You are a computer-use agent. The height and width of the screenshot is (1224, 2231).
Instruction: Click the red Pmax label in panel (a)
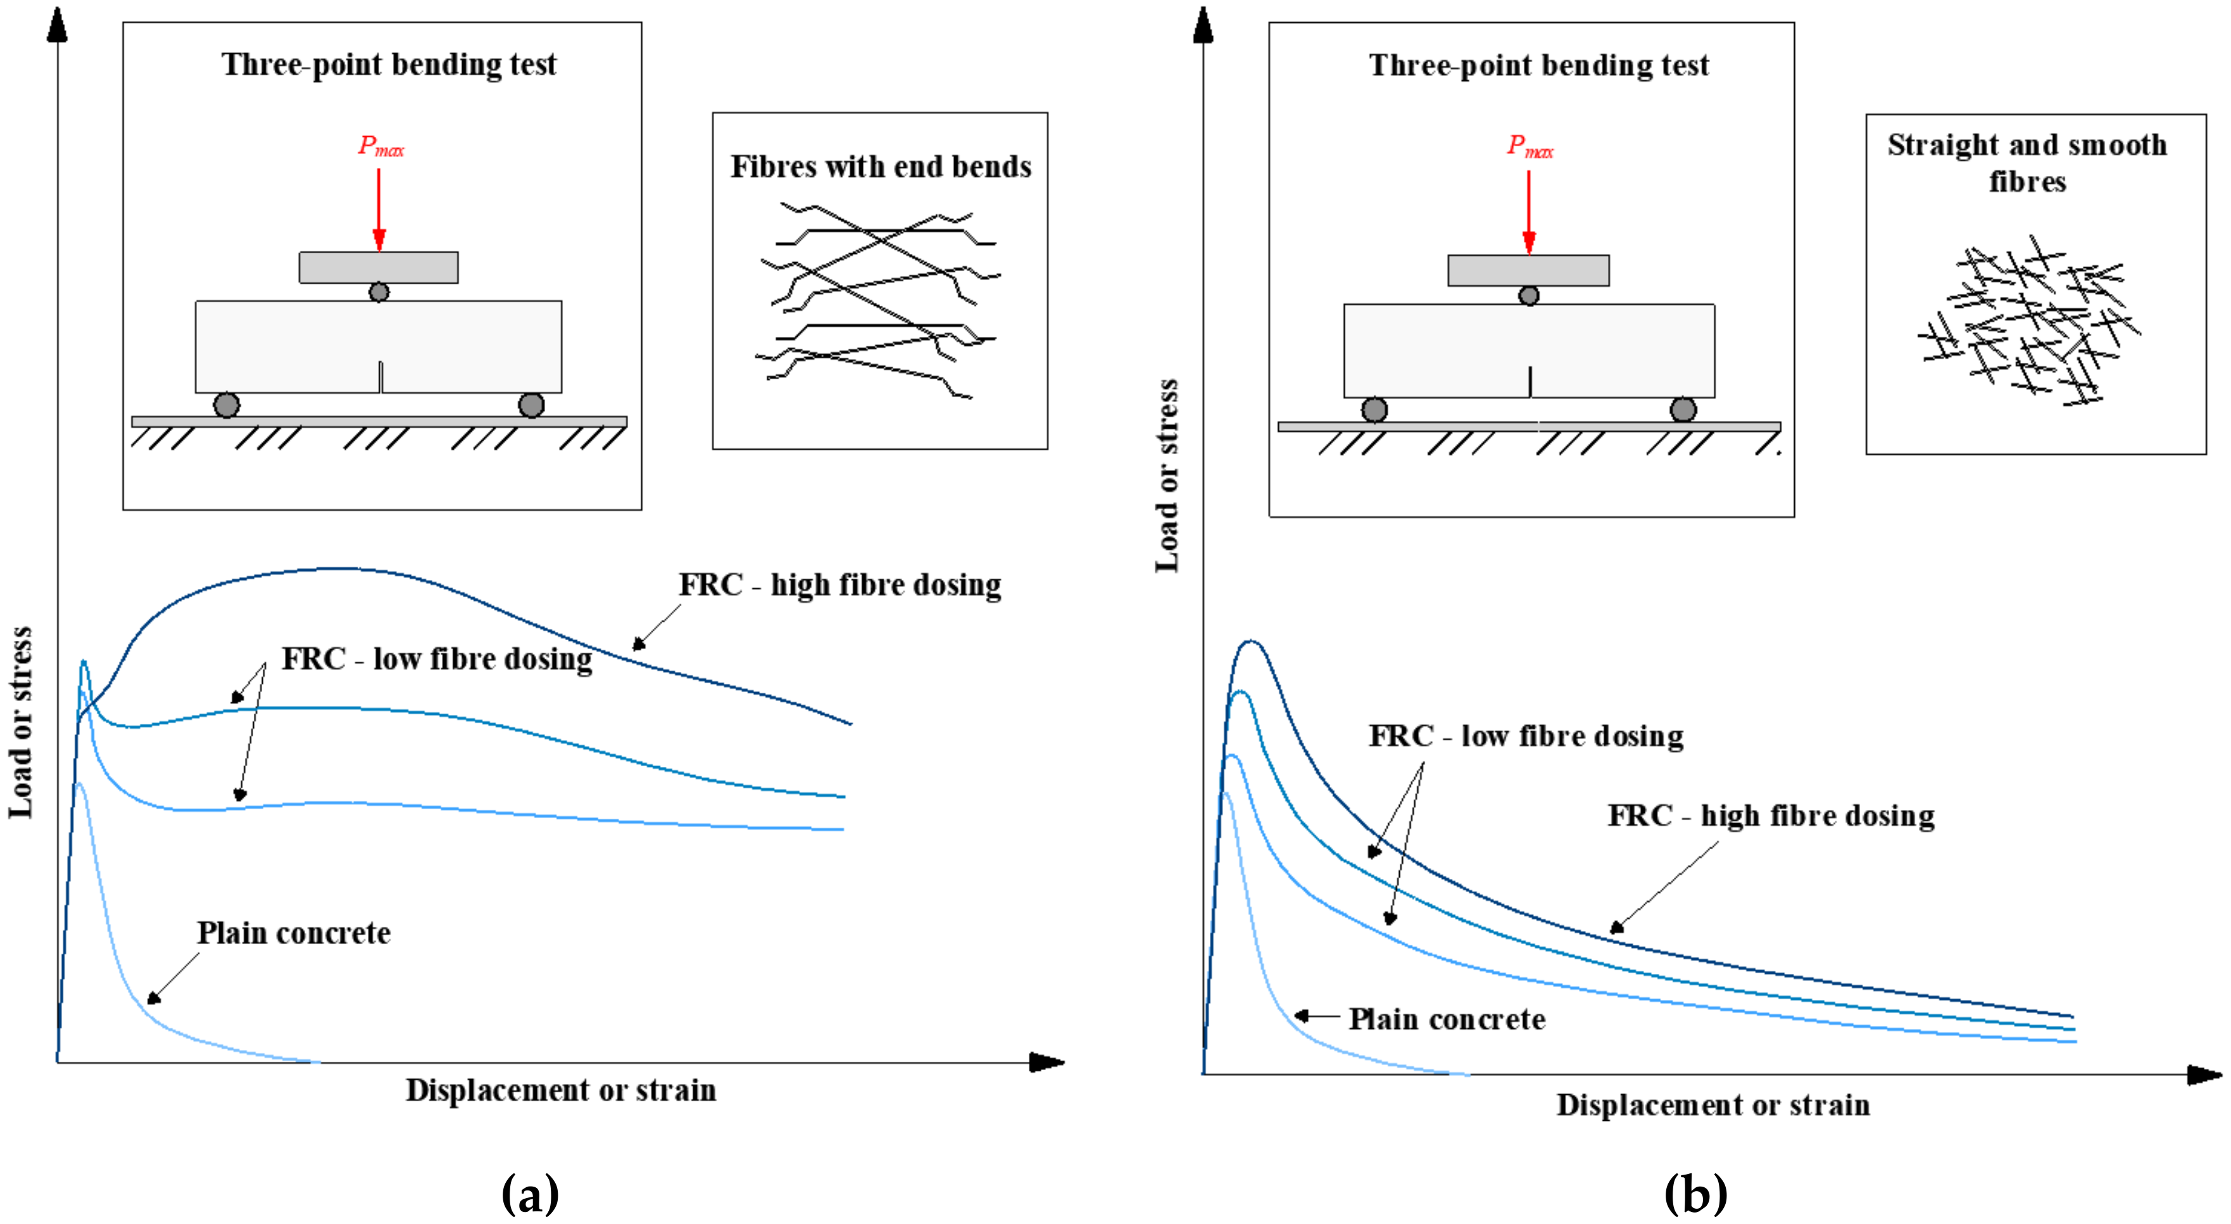click(x=380, y=146)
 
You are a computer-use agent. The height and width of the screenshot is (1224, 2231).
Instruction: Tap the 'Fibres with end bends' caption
click(x=881, y=167)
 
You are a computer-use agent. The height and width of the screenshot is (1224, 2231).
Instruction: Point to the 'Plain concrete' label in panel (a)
click(x=294, y=933)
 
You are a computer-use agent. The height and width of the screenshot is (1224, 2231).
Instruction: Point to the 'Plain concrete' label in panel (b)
click(x=1447, y=1019)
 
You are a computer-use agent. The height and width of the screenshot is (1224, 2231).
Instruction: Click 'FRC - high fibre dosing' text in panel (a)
click(x=839, y=584)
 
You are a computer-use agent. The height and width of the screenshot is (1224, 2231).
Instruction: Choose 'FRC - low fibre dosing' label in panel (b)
click(x=1526, y=735)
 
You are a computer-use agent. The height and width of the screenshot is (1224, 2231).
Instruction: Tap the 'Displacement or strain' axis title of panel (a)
click(x=561, y=1090)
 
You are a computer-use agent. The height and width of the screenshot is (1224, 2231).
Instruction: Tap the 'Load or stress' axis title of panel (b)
click(x=1167, y=476)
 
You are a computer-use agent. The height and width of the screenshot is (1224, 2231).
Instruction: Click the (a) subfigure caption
click(x=530, y=1194)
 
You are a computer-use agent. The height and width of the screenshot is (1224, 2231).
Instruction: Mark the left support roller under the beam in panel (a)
click(x=226, y=405)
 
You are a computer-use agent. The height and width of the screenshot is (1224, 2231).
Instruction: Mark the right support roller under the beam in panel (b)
click(x=1683, y=409)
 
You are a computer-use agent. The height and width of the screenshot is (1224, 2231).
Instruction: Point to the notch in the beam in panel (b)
click(x=1530, y=382)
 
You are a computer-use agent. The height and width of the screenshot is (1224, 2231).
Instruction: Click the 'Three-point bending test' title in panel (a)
click(x=389, y=64)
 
